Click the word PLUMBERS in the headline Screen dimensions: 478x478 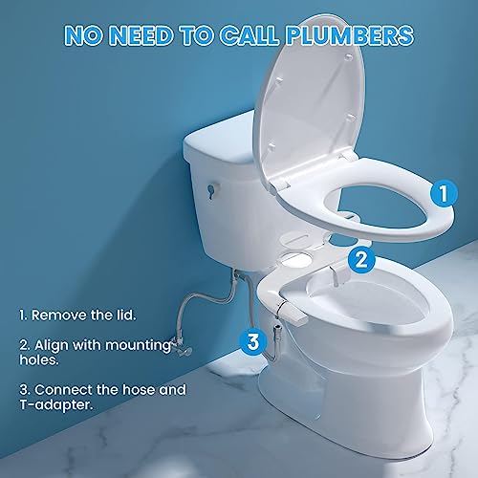coord(349,35)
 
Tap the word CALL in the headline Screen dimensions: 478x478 coord(249,35)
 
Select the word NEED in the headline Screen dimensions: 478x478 coord(142,35)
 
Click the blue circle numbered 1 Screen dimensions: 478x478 coord(444,193)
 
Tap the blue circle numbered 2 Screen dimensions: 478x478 coord(361,260)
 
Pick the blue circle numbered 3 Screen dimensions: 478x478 coord(253,341)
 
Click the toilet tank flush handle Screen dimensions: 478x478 coord(211,190)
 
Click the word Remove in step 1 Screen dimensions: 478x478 coord(59,315)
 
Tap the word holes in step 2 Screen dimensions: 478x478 coord(39,359)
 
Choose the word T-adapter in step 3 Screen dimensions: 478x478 coord(56,405)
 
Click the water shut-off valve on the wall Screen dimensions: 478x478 coord(181,348)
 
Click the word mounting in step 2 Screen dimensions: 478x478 coord(138,345)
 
